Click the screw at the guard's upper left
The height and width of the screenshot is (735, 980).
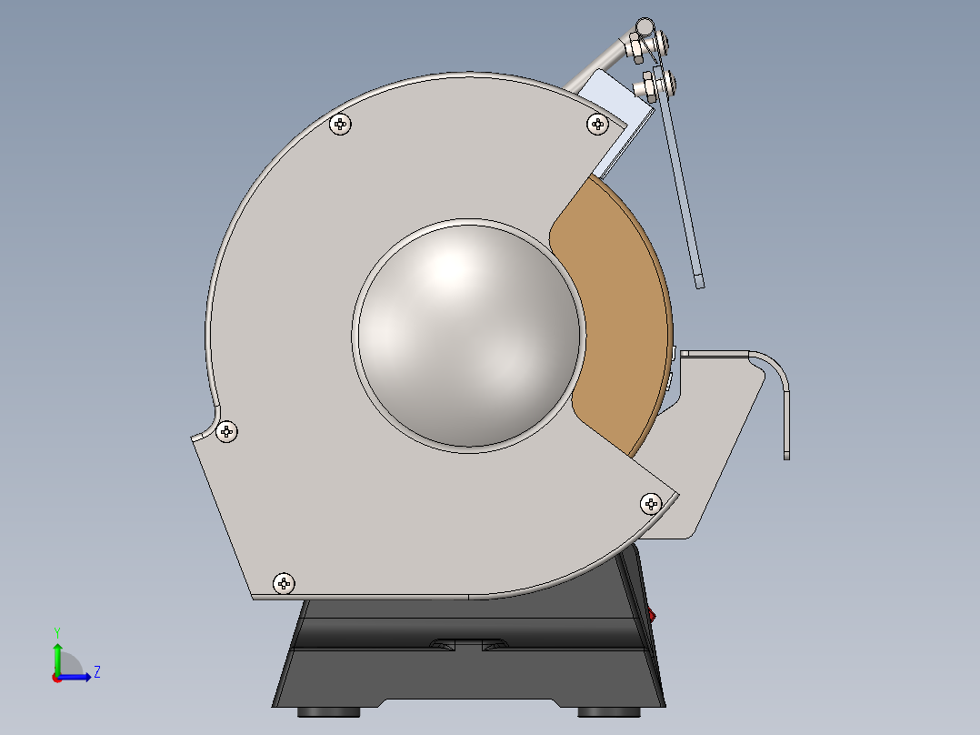coord(341,125)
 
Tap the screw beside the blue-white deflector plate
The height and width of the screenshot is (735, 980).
coord(597,123)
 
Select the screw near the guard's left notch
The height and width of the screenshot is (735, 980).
coord(227,431)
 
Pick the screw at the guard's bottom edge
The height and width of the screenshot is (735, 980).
coord(285,581)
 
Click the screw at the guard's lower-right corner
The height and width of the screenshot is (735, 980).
coord(651,502)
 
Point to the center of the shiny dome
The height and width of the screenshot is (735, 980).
coord(468,334)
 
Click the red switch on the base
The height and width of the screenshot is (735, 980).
coord(652,617)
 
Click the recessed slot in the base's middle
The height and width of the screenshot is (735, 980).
coord(469,645)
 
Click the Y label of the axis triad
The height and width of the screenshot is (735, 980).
coord(56,631)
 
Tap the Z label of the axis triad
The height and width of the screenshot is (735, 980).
coord(96,672)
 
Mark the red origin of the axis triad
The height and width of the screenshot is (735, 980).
coord(56,677)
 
